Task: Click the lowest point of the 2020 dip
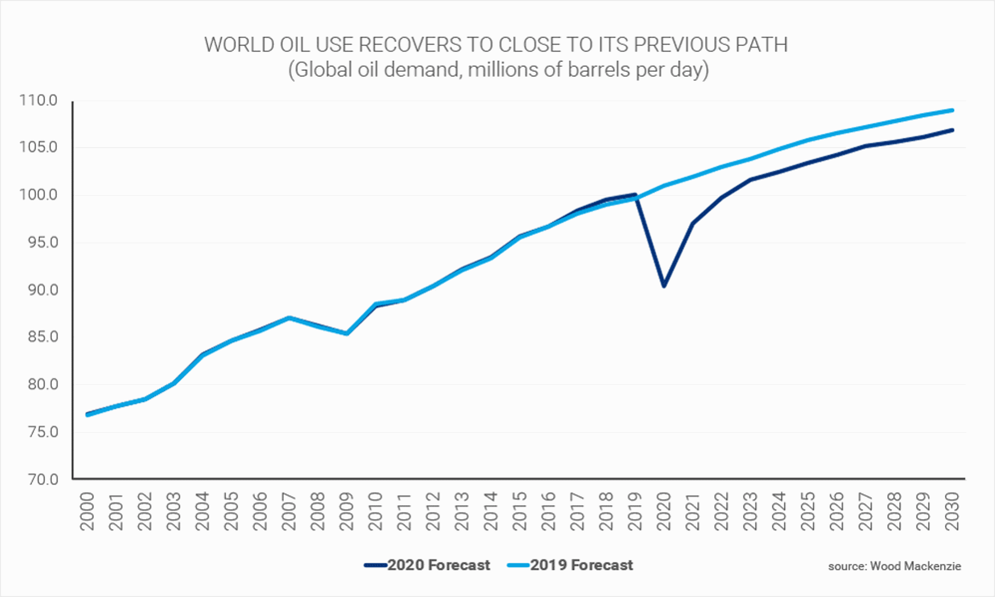tap(664, 286)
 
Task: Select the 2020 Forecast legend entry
tap(427, 565)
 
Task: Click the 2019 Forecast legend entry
tap(570, 565)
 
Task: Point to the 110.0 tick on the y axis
tap(38, 100)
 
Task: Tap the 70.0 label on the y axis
tap(43, 479)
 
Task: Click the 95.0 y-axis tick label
tap(43, 242)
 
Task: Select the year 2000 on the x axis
tap(87, 511)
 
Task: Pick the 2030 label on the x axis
tap(952, 511)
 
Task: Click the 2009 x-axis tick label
tap(347, 511)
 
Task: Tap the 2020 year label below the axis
tap(664, 511)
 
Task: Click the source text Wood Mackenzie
tap(894, 566)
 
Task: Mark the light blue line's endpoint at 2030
tap(952, 110)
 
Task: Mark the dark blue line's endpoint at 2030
tap(952, 130)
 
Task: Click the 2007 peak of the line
tap(289, 317)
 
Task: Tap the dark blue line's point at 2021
tap(693, 223)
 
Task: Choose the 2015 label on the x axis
tap(520, 511)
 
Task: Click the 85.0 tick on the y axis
tap(43, 337)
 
